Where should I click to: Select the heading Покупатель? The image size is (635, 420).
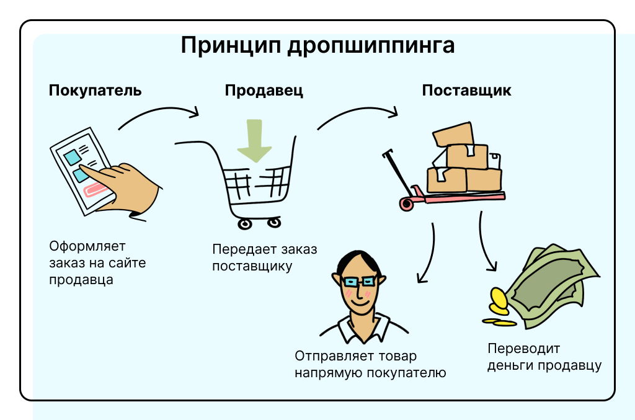[x=95, y=91]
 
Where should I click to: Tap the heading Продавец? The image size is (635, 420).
[x=264, y=91]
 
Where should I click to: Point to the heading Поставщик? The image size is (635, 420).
[x=466, y=91]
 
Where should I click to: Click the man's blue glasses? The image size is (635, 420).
[x=359, y=282]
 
